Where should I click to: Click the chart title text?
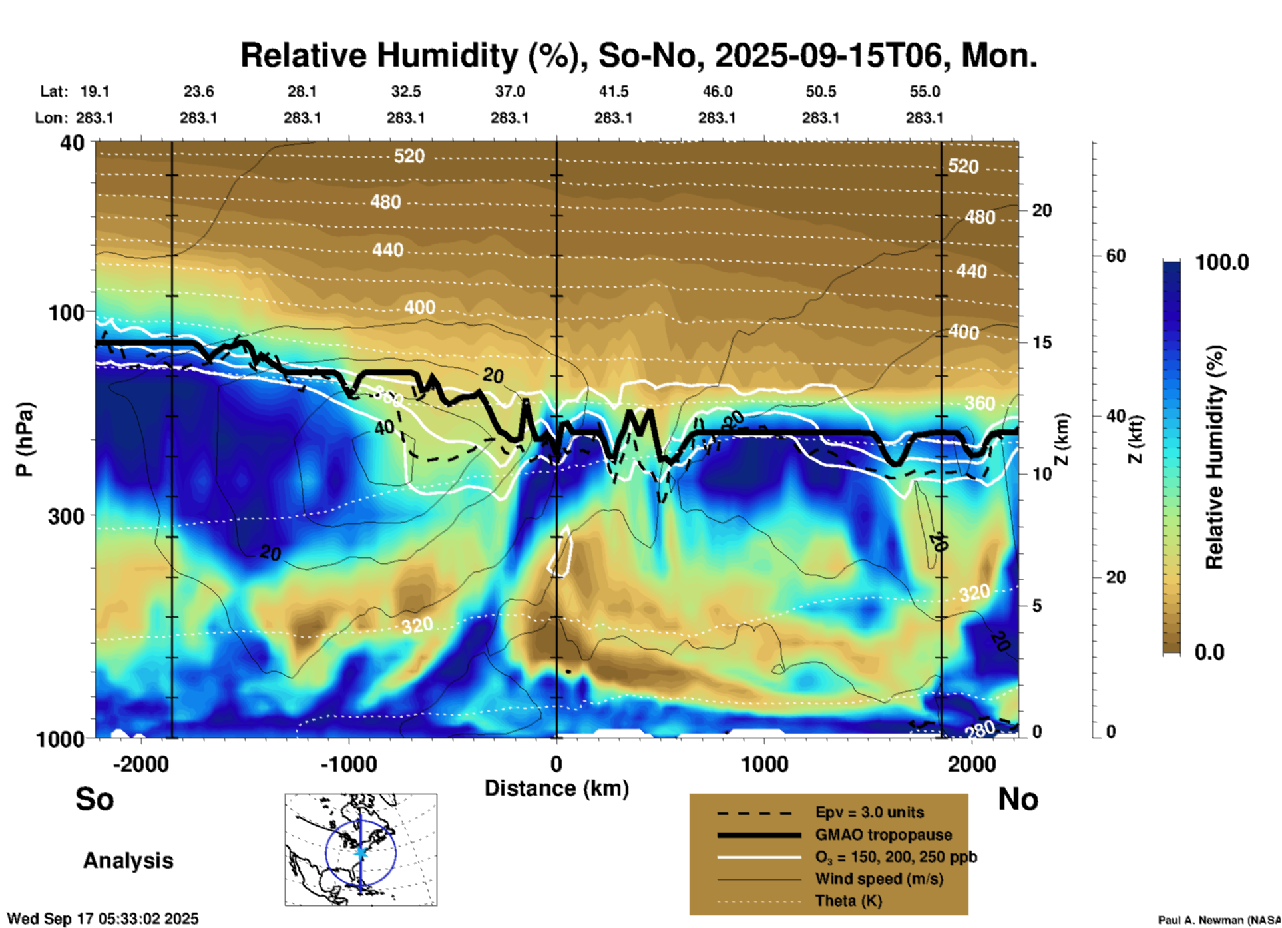coord(638,55)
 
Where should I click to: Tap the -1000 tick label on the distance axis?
coord(348,764)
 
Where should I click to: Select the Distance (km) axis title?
coord(556,788)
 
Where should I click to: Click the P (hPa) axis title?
coord(24,439)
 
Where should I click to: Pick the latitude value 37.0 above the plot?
coord(509,91)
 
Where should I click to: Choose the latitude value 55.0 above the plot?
coord(925,91)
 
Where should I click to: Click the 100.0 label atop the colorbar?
coord(1222,262)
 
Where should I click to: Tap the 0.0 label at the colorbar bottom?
coord(1209,652)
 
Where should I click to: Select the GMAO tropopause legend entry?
coord(883,835)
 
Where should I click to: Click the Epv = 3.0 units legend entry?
coord(869,812)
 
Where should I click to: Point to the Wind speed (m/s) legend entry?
coord(879,879)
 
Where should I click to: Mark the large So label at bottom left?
coord(95,799)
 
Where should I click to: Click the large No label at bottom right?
coord(1018,799)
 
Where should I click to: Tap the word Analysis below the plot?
coord(128,861)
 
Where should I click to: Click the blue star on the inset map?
coord(361,852)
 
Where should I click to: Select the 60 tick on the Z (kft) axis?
coord(1116,256)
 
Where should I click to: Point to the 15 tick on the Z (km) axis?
coord(1042,342)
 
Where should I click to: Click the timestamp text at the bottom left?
coord(103,919)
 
